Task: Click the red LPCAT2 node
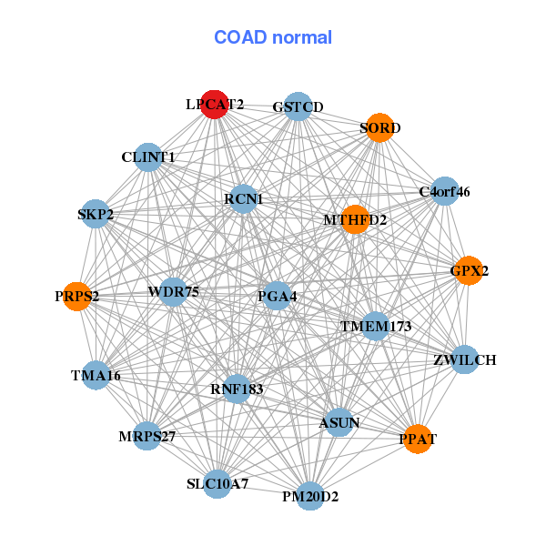[214, 105]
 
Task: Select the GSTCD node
[298, 106]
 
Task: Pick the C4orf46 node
[443, 191]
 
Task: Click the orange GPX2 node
[467, 270]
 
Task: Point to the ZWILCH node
[464, 359]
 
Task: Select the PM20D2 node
[310, 496]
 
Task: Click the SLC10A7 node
[217, 482]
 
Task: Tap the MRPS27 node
[147, 436]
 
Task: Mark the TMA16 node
[96, 375]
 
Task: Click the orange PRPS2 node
[77, 296]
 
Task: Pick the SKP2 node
[96, 215]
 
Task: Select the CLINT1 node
[147, 157]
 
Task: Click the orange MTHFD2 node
[354, 219]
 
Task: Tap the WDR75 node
[173, 291]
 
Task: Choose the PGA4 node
[277, 296]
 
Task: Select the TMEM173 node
[376, 325]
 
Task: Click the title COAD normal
[273, 38]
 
